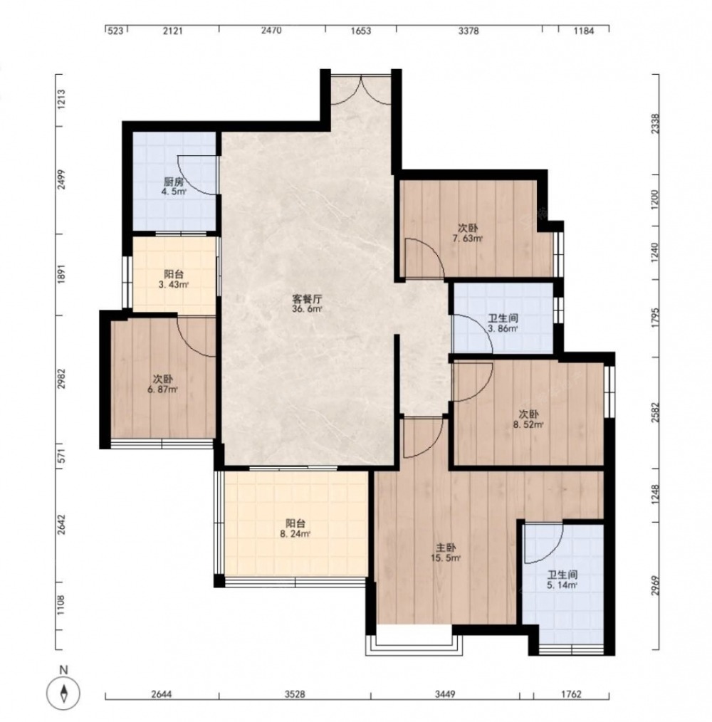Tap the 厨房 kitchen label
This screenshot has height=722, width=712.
[x=174, y=187]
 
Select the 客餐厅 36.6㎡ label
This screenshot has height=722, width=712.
[x=307, y=304]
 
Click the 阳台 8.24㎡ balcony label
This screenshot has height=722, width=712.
[x=295, y=528]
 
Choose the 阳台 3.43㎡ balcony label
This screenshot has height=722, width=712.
[x=174, y=280]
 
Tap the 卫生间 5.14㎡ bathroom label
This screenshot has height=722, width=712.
[x=562, y=580]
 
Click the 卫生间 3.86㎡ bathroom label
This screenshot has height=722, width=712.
[x=503, y=323]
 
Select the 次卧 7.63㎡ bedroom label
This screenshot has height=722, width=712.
[x=468, y=233]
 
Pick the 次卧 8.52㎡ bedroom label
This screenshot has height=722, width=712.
[x=528, y=419]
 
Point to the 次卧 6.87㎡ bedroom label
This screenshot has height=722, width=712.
[x=162, y=384]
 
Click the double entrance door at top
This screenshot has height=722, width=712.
[x=361, y=89]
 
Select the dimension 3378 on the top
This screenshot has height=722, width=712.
[x=468, y=31]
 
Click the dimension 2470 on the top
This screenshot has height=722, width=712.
[x=271, y=31]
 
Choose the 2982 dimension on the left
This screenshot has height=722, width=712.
[x=61, y=379]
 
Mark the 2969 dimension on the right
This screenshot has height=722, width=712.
[x=655, y=586]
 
